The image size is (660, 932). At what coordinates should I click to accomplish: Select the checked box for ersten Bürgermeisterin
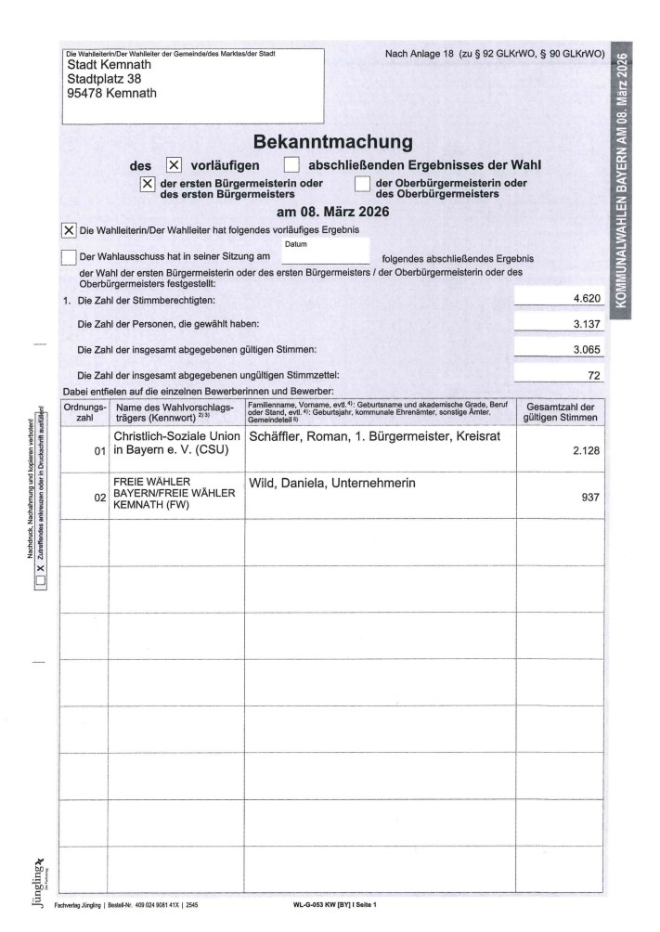coord(147,184)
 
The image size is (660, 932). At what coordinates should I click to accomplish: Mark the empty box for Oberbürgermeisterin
coord(362,184)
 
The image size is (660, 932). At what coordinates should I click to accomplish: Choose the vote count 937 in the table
coord(591,498)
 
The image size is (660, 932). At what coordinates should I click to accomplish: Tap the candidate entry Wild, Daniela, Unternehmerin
coord(332,484)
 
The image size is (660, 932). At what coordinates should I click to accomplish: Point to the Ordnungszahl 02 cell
coord(87,498)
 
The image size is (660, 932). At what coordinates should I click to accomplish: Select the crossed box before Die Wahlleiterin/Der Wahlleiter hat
coord(68,229)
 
